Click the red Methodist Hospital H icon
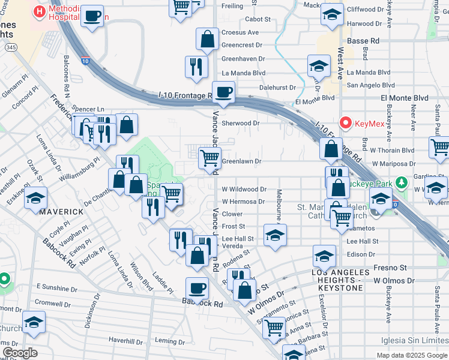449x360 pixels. click(40, 11)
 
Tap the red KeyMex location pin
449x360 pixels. click(345, 122)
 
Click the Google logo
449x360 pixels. click(20, 353)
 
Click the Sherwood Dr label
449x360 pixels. click(240, 123)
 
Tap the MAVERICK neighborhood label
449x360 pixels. click(61, 212)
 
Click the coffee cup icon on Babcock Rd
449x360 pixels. click(197, 288)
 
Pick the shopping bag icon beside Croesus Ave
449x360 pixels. click(207, 39)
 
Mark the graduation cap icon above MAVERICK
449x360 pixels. click(36, 198)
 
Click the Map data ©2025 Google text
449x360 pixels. click(411, 355)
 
